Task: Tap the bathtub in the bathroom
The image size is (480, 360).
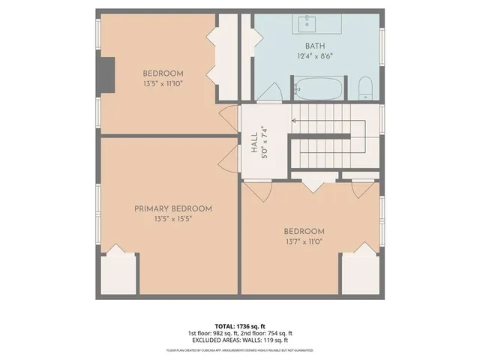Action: [318, 89]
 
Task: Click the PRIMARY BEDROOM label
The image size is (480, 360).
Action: [172, 208]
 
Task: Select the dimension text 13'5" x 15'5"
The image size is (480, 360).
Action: [172, 220]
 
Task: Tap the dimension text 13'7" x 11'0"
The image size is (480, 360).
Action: [304, 242]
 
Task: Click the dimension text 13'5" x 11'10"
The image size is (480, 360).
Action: [163, 83]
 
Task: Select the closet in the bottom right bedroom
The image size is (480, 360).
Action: [361, 274]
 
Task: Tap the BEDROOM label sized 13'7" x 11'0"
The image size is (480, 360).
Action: [304, 231]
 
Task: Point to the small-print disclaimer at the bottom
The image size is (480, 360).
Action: [239, 349]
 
